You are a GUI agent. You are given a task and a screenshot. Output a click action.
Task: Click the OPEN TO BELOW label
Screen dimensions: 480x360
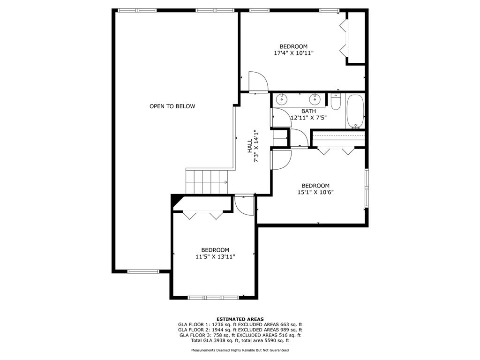(x=172, y=106)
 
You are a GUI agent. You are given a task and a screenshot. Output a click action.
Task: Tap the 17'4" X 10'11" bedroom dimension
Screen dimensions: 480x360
(x=293, y=53)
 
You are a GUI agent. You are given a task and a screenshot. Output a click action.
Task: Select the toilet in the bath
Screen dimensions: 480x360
(x=336, y=102)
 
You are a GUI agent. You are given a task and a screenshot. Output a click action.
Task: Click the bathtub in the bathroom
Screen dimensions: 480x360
(x=355, y=111)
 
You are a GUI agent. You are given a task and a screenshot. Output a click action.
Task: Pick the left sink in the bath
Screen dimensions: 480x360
(x=281, y=99)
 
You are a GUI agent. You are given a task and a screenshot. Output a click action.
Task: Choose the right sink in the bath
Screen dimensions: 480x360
(x=315, y=99)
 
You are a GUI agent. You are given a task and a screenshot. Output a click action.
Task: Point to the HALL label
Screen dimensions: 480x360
(x=250, y=146)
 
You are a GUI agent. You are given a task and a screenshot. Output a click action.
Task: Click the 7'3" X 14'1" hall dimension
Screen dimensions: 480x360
(x=256, y=146)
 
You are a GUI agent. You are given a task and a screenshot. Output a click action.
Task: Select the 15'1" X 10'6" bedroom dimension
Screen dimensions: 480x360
(x=315, y=192)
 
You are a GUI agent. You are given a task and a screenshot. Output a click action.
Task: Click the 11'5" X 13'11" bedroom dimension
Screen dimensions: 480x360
(x=215, y=256)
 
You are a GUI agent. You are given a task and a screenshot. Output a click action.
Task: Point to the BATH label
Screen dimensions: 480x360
(x=308, y=111)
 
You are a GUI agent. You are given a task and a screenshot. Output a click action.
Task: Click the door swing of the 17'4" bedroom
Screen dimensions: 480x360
(x=259, y=82)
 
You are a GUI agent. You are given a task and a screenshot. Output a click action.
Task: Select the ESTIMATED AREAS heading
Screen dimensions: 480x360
(x=240, y=319)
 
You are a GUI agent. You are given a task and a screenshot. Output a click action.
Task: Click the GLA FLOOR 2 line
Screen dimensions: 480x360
(x=240, y=330)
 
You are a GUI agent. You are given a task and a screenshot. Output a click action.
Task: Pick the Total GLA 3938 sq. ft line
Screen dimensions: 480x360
(x=240, y=340)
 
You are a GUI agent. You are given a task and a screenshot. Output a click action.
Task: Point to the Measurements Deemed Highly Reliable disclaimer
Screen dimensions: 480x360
(x=240, y=350)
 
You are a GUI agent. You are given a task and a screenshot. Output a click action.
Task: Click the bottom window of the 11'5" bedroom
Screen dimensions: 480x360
(x=214, y=298)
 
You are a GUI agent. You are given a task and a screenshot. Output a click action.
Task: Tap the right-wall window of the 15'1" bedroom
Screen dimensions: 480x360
(x=367, y=188)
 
